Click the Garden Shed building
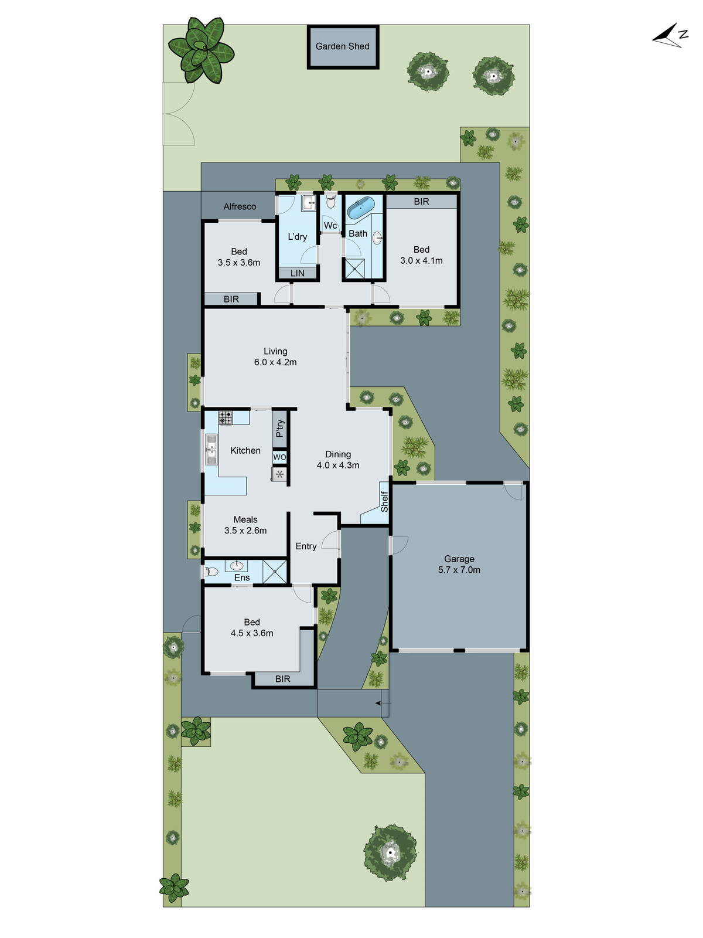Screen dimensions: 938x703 pos(343,46)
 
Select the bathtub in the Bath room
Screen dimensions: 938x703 pos(360,208)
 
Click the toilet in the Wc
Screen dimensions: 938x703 pos(331,202)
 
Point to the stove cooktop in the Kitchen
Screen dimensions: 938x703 pos(226,418)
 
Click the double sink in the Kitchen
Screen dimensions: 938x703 pos(211,450)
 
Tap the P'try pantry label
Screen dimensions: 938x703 pos(280,429)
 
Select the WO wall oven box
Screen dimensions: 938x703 pos(280,457)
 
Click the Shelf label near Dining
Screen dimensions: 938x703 pos(384,501)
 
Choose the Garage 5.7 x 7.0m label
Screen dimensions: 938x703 pos(459,564)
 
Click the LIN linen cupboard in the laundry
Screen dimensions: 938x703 pos(298,273)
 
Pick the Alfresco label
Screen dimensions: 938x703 pos(240,206)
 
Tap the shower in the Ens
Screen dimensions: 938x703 pos(275,572)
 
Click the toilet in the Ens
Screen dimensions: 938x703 pos(210,571)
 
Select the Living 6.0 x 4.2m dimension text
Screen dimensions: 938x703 pos(275,362)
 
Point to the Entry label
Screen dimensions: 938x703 pos(306,546)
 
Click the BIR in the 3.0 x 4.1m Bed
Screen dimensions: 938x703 pos(421,202)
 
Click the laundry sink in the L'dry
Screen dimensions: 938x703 pos(308,203)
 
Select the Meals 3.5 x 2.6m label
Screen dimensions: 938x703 pos(245,525)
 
